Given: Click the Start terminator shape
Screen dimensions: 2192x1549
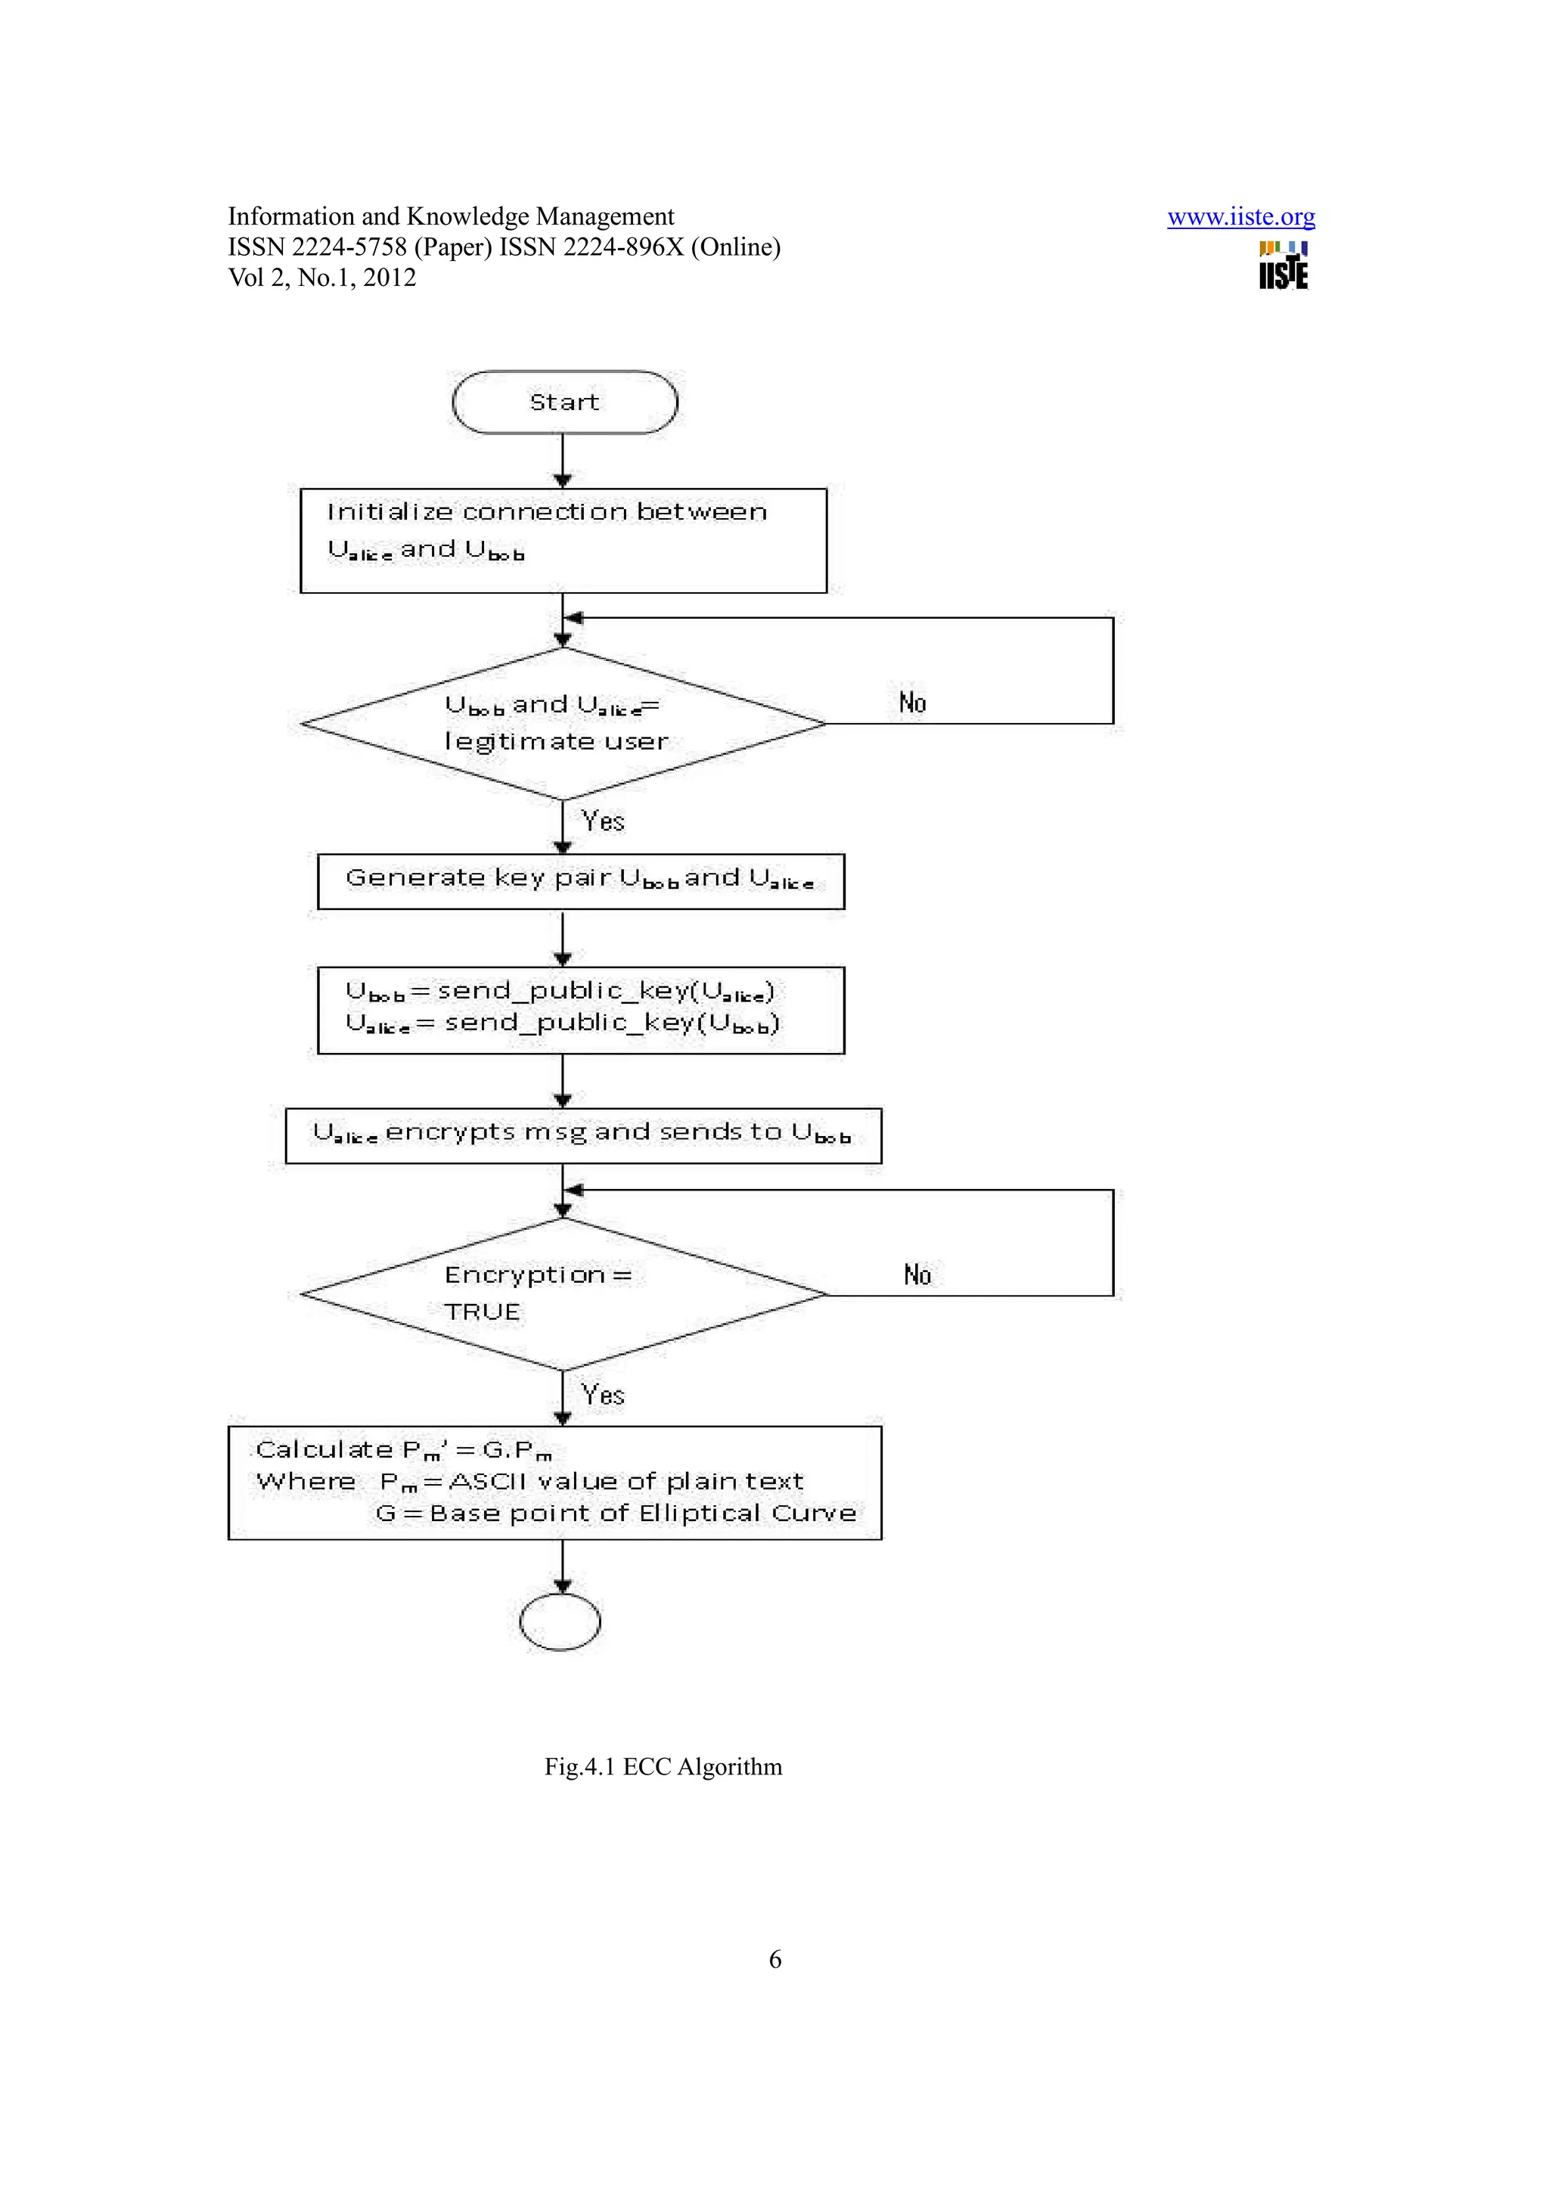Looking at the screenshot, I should pyautogui.click(x=564, y=402).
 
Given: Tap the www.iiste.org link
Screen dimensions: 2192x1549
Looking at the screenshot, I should pyautogui.click(x=1240, y=218).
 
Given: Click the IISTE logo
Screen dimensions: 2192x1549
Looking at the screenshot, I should pyautogui.click(x=1283, y=265).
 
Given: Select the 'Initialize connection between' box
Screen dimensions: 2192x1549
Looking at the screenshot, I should pyautogui.click(x=563, y=540).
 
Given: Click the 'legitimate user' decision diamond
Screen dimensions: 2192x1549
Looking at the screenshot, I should pyautogui.click(x=563, y=724).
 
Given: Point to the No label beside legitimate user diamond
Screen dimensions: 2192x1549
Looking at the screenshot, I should pyautogui.click(x=912, y=703).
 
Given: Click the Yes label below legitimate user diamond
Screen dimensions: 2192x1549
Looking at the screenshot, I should pyautogui.click(x=603, y=821).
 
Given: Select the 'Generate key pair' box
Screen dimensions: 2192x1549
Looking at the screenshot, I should pyautogui.click(x=580, y=880).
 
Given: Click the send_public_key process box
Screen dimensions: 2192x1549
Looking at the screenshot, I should pyautogui.click(x=580, y=1009).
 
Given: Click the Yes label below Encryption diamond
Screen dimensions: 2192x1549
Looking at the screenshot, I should pyautogui.click(x=603, y=1395).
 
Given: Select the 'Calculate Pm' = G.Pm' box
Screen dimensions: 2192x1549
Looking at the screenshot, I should pyautogui.click(x=554, y=1482).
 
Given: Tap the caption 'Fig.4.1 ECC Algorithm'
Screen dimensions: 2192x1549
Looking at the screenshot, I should pyautogui.click(x=663, y=1766).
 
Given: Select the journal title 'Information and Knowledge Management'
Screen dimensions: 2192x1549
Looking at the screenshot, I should pyautogui.click(x=451, y=217).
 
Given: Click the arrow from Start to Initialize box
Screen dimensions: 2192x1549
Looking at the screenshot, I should pyautogui.click(x=562, y=460).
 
